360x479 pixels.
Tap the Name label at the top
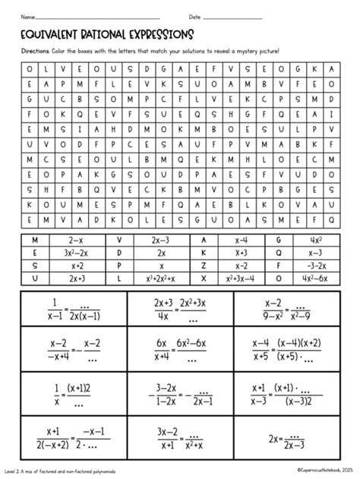28,16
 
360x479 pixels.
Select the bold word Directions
35,51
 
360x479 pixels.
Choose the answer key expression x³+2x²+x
161,278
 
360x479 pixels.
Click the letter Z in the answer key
204,265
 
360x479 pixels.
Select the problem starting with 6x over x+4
179,351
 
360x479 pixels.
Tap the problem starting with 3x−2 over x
179,438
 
